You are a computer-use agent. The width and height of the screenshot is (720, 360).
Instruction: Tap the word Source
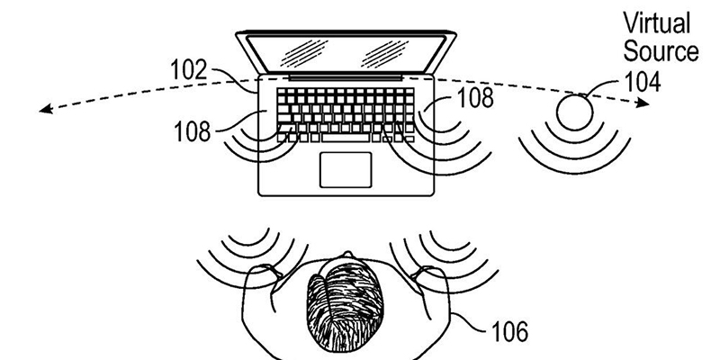coord(664,50)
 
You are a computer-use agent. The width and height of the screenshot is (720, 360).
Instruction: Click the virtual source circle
coord(573,114)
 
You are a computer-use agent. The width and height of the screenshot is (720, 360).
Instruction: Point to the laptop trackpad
coord(346,169)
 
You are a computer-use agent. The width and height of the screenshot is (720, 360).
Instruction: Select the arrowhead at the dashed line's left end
coord(43,109)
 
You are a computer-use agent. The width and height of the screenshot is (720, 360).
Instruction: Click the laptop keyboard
coord(346,113)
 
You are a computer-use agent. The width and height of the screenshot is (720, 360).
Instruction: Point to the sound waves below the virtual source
coord(573,153)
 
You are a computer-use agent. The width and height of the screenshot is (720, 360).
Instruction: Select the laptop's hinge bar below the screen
coord(346,78)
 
